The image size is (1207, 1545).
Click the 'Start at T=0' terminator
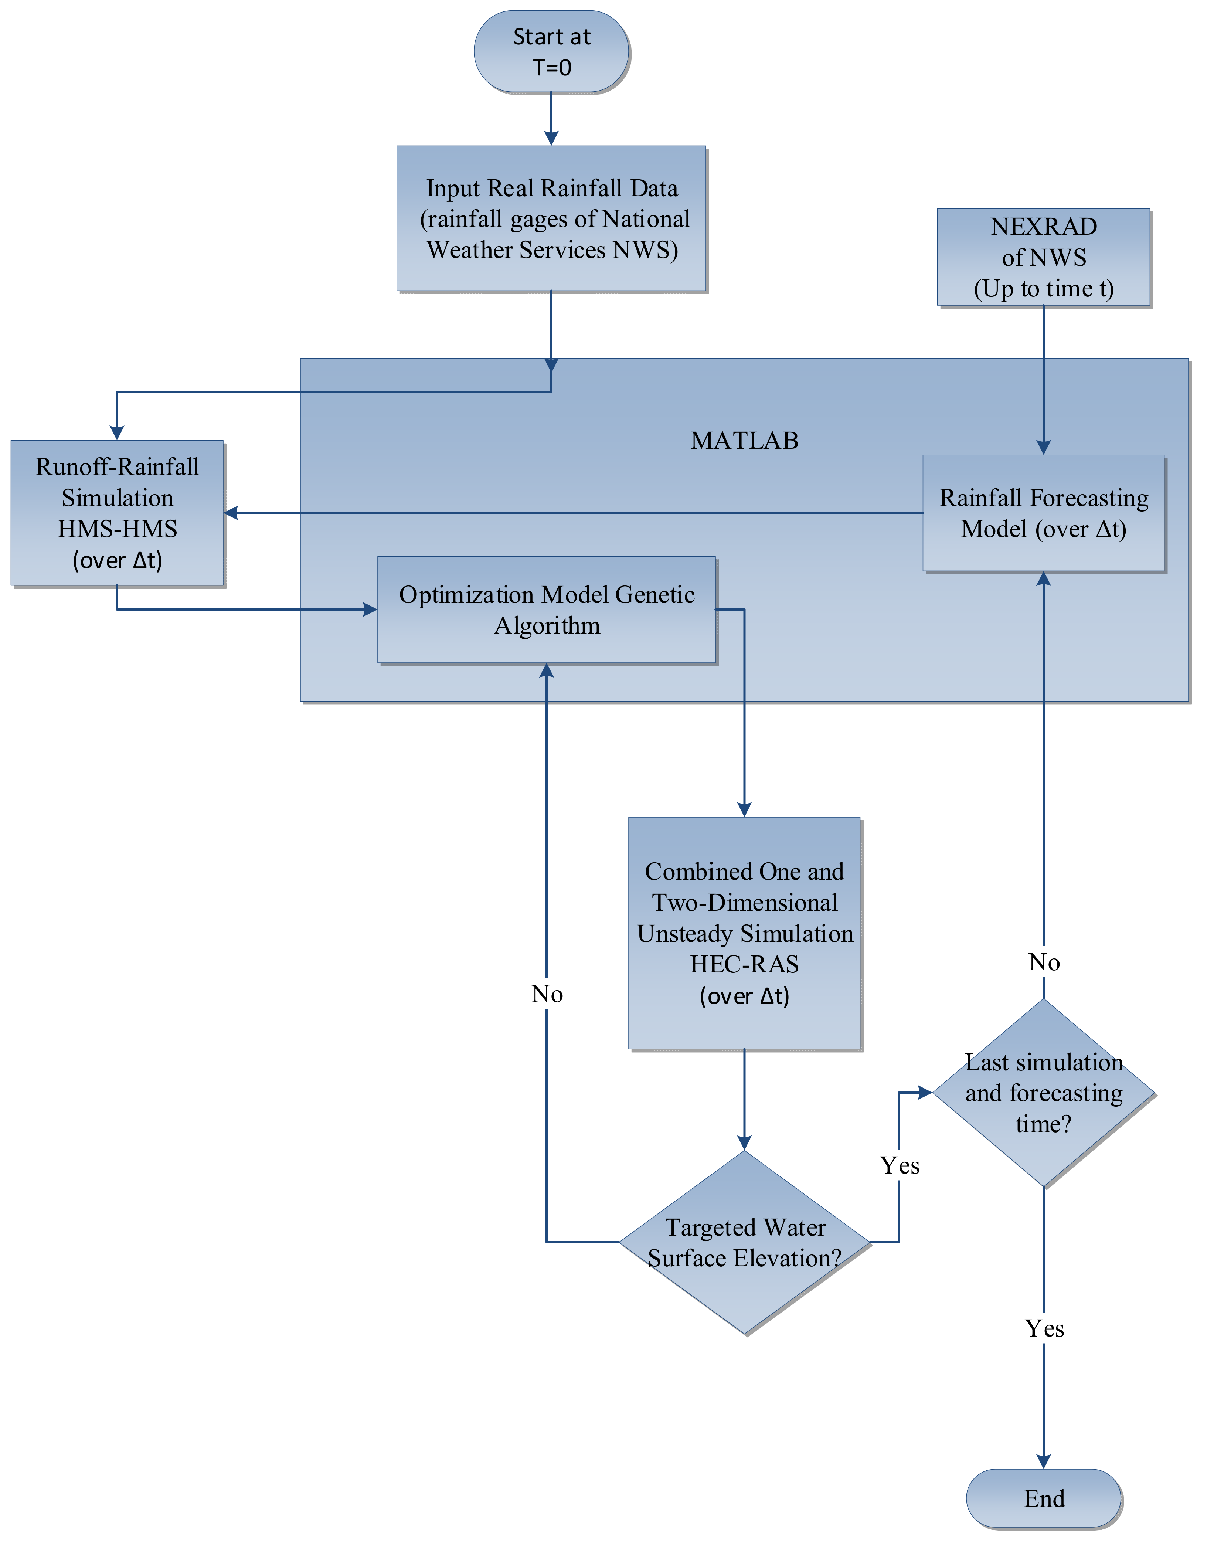[x=551, y=52]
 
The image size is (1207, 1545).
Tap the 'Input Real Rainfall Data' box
[x=551, y=218]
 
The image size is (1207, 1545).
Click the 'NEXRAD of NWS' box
[x=1044, y=258]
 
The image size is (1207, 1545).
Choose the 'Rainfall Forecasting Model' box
[x=1044, y=513]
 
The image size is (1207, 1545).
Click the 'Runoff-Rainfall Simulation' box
[x=118, y=513]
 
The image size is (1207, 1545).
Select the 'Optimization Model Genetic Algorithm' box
[x=547, y=610]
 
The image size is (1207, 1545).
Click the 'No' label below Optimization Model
[x=547, y=994]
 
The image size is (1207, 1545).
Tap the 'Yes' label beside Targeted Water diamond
[x=899, y=1165]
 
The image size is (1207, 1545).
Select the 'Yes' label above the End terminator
[x=1044, y=1328]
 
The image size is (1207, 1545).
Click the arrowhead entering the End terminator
[x=1044, y=1461]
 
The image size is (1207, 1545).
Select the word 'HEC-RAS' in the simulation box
[x=744, y=964]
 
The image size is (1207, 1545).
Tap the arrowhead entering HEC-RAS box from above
[x=744, y=809]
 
